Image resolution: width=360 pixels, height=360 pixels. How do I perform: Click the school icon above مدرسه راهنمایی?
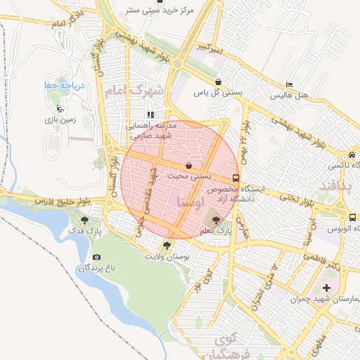pos(150,114)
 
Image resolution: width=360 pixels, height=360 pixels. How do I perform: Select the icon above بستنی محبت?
pos(188,165)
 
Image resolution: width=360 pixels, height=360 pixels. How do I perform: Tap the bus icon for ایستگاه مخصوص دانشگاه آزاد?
pos(236,178)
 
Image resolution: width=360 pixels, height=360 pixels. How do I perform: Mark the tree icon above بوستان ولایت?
pos(166,245)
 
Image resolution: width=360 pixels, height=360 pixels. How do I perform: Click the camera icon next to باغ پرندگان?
pos(96,257)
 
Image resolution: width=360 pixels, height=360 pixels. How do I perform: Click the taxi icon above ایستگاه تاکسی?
pos(352,155)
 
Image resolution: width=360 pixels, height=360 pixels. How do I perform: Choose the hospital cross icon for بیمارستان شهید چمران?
pos(326,288)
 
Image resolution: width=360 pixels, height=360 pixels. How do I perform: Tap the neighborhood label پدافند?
pos(333,184)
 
